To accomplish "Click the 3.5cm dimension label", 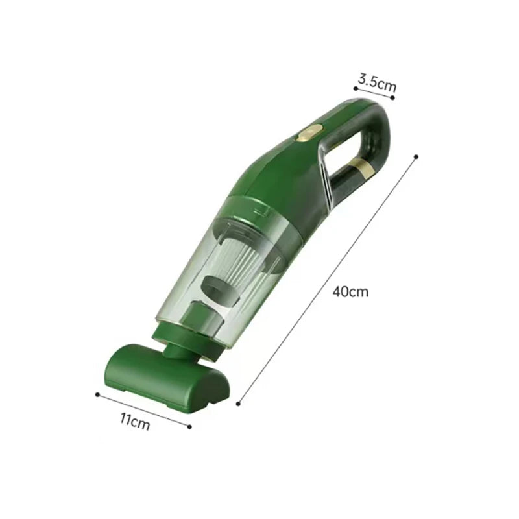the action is (x=377, y=83).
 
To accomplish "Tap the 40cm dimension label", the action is (x=350, y=292).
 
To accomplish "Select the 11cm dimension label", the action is (x=135, y=421).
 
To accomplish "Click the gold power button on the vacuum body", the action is (x=309, y=133).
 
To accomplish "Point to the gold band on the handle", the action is (x=362, y=167).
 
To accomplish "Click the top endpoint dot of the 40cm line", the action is (x=416, y=156).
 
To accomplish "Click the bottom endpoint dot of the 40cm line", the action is (x=238, y=404).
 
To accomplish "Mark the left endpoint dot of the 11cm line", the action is (x=97, y=394).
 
